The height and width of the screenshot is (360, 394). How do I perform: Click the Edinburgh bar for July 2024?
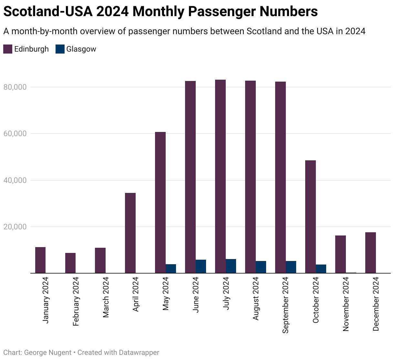[221, 176]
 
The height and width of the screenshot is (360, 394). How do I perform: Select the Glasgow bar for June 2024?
[201, 266]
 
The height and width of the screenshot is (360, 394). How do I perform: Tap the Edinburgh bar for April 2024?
[130, 233]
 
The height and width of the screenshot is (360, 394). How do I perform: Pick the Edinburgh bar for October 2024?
[310, 217]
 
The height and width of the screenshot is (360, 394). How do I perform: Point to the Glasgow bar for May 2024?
[171, 269]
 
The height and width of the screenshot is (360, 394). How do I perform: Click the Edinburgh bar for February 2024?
[70, 263]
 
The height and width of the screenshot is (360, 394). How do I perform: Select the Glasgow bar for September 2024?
[291, 267]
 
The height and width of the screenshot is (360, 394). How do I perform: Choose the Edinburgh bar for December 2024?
[370, 253]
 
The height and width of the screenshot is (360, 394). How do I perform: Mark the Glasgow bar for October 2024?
[321, 269]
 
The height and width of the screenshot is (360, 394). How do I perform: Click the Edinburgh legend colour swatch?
[8, 49]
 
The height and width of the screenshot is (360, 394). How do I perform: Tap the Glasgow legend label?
[81, 49]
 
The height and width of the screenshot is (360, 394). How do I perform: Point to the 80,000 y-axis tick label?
[15, 87]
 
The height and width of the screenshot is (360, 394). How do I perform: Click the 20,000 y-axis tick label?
[15, 227]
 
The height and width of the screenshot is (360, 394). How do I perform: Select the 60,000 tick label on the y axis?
[15, 134]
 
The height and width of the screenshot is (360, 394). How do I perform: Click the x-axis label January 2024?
[46, 300]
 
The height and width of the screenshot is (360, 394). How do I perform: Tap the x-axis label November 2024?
[346, 304]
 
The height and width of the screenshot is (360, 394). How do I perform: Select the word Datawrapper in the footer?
[139, 353]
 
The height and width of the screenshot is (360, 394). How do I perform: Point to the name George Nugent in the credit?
[48, 353]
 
